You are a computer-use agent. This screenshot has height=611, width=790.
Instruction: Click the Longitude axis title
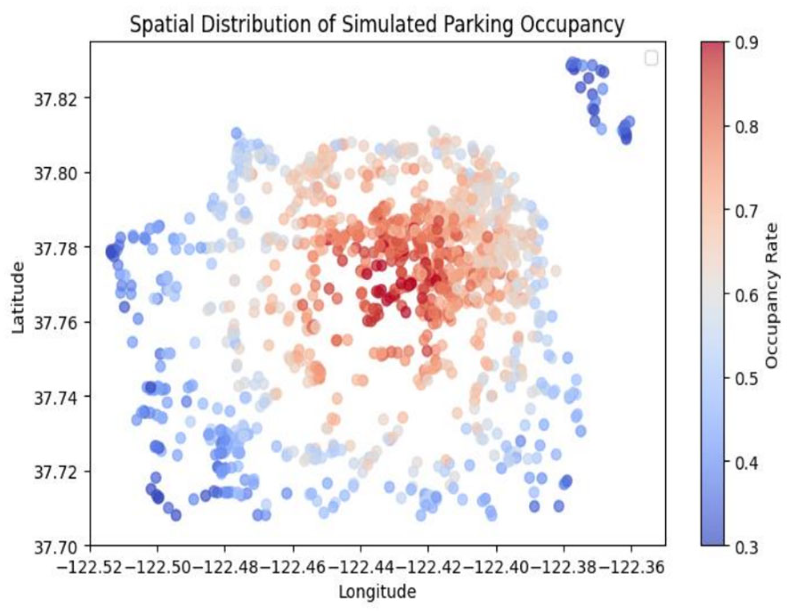tap(377, 592)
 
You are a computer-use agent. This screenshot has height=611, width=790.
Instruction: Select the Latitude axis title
tap(18, 297)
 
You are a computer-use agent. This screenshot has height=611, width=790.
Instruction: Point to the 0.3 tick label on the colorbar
tap(746, 547)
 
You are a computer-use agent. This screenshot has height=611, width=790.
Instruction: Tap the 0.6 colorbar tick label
tap(746, 295)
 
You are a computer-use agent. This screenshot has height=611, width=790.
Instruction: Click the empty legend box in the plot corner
tap(651, 58)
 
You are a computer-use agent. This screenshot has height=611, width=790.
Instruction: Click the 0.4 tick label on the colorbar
tap(746, 463)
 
